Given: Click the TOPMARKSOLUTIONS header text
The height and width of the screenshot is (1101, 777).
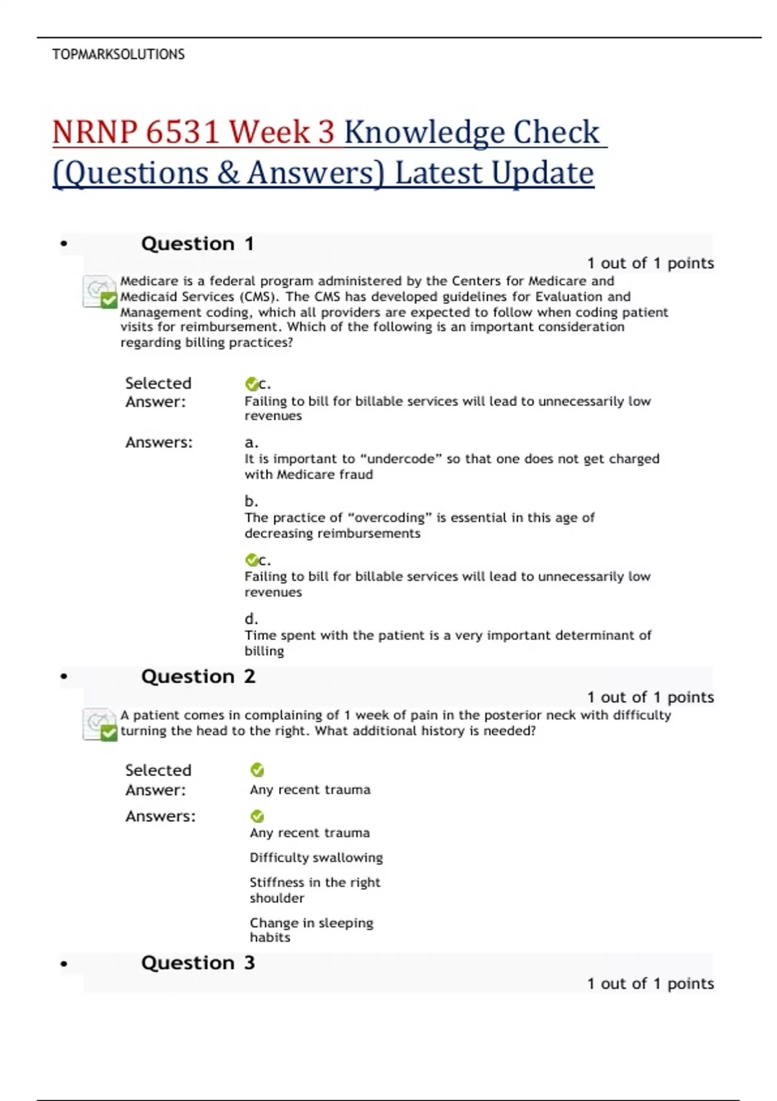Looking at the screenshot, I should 118,54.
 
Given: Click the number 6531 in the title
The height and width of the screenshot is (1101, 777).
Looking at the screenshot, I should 183,132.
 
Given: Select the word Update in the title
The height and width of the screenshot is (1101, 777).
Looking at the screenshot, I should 542,173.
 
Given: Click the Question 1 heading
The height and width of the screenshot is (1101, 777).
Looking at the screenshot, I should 197,244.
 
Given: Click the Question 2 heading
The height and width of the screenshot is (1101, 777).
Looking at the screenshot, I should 198,677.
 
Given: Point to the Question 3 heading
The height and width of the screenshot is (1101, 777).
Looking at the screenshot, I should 198,963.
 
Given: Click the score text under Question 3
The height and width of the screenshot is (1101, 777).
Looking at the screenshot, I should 650,984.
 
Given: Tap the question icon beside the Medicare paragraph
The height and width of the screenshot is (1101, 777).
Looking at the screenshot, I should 100,291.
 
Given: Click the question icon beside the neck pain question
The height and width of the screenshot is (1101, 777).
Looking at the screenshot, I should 100,724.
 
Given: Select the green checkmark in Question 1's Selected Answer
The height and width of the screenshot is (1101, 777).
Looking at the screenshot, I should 251,384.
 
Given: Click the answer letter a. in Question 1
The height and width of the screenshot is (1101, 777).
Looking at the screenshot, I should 251,443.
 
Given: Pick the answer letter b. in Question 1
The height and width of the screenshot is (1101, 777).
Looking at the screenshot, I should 251,501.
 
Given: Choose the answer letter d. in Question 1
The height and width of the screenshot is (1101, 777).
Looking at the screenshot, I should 251,619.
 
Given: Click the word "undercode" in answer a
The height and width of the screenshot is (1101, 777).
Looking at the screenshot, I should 401,459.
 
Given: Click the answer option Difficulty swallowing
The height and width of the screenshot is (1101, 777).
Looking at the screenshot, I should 316,858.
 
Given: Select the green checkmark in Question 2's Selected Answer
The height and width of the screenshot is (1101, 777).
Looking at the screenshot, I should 257,770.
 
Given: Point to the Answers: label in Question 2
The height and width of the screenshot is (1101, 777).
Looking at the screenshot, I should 160,817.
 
